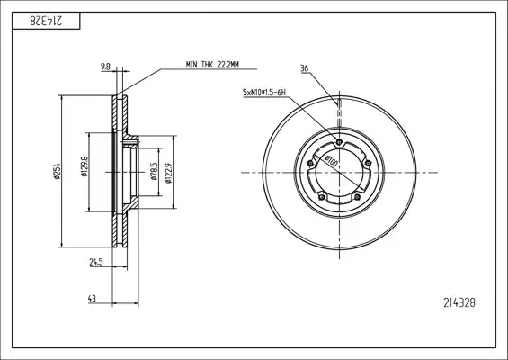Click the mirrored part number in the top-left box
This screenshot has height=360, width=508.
46,21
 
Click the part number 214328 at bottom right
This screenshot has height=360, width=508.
459,303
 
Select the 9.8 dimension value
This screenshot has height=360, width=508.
105,67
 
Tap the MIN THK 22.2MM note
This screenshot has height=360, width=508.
212,65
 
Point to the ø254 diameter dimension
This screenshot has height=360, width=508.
57,171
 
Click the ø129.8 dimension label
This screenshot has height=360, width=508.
85,166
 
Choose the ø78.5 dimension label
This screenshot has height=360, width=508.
154,172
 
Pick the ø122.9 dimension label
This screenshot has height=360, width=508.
168,173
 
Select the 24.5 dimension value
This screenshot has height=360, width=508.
96,262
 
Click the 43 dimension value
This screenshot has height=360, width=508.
92,299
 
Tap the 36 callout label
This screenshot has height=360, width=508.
304,68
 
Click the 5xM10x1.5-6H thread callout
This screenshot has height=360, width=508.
264,93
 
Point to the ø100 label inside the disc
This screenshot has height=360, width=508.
331,161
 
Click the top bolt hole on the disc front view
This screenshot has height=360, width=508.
339,142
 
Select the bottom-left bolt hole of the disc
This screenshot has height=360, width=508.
321,197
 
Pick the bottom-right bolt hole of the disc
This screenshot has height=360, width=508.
357,197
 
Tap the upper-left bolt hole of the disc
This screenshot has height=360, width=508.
310,163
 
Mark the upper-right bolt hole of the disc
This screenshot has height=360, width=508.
368,163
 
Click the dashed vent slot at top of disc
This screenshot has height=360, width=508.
339,113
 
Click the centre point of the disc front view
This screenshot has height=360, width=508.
339,173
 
